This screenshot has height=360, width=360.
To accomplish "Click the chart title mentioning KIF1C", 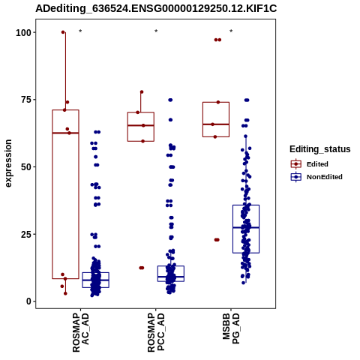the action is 156,9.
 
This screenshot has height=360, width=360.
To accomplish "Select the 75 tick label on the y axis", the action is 26,100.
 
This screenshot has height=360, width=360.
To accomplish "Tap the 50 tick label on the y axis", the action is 26,167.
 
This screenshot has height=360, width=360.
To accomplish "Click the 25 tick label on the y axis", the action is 26,234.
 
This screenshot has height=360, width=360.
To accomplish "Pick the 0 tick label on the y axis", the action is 29,301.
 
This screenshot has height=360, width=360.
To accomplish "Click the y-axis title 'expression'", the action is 8,163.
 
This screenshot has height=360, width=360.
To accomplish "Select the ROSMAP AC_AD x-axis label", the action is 81,332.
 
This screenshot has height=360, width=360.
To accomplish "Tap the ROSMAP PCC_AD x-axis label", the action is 156,332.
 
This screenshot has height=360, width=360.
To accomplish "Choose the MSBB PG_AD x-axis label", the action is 231,328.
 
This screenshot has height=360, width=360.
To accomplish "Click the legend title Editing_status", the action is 320,149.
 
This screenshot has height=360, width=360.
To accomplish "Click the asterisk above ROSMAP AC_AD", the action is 80,31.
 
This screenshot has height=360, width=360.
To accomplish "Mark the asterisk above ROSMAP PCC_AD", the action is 156,31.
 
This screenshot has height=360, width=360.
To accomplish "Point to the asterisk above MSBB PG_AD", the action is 231,31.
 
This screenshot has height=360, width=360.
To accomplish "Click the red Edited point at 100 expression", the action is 63,32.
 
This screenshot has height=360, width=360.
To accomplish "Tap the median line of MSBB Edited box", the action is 216,124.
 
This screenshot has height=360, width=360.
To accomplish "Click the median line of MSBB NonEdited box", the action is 246,227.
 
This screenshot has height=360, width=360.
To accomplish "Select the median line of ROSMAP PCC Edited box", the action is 141,125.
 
